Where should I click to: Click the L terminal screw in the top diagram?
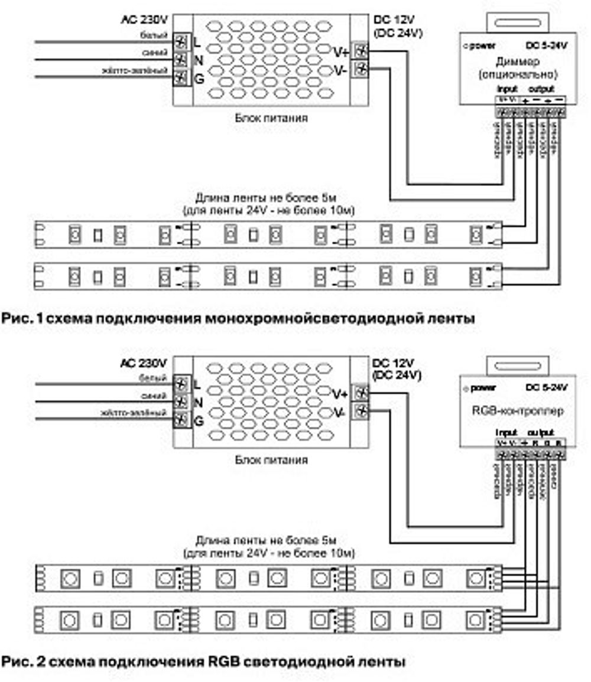181,42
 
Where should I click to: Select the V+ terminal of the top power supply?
359,51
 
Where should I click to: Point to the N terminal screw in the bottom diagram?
181,402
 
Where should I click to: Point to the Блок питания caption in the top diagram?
271,118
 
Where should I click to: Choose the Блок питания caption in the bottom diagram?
271,459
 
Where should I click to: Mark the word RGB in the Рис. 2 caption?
223,661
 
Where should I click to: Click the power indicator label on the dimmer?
482,45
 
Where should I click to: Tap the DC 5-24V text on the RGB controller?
546,387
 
